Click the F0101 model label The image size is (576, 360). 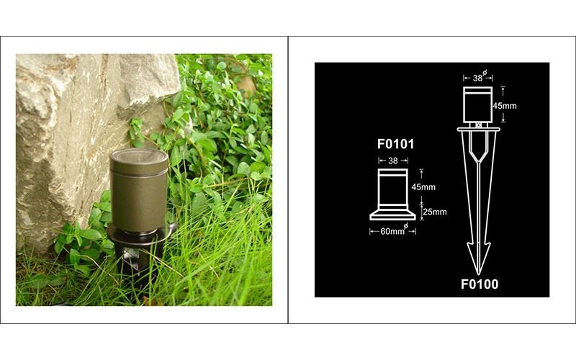pyautogui.click(x=395, y=144)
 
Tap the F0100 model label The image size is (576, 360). pyautogui.click(x=480, y=284)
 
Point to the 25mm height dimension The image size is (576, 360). pyautogui.click(x=435, y=212)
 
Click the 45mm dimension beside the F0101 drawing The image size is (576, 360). pyautogui.click(x=423, y=187)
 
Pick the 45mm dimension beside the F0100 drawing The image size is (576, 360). pyautogui.click(x=505, y=106)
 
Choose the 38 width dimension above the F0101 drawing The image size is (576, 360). pyautogui.click(x=393, y=161)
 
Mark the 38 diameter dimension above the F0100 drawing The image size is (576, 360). pyautogui.click(x=477, y=78)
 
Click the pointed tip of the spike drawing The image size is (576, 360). pyautogui.click(x=478, y=274)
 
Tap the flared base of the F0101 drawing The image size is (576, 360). pyautogui.click(x=392, y=215)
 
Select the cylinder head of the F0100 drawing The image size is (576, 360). pyautogui.click(x=477, y=104)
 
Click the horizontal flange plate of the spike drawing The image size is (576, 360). pyautogui.click(x=478, y=130)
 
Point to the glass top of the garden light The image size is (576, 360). pyautogui.click(x=139, y=156)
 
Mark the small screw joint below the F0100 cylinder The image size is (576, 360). pyautogui.click(x=478, y=125)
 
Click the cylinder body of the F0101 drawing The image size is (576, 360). pyautogui.click(x=392, y=189)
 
